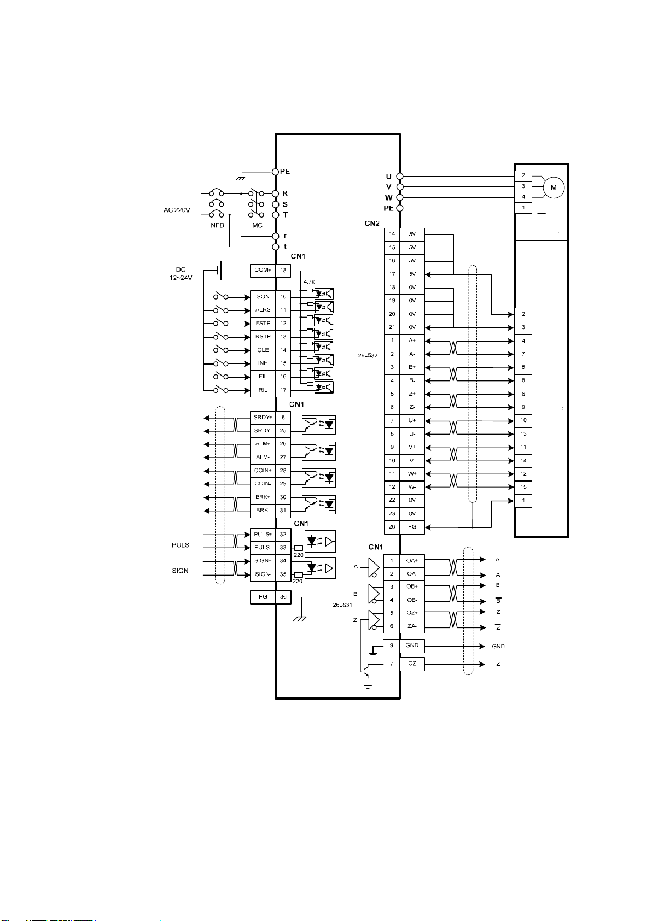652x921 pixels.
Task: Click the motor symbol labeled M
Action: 554,187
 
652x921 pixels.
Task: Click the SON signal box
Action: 263,297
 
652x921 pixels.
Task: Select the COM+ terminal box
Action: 263,271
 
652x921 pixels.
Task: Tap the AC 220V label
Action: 177,210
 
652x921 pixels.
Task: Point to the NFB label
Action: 217,225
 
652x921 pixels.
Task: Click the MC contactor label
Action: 257,225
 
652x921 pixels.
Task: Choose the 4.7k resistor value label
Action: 309,282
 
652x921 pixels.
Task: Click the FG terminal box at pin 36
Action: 263,597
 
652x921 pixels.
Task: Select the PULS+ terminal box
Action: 263,535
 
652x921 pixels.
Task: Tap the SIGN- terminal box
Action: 263,574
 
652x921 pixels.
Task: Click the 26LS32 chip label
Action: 368,356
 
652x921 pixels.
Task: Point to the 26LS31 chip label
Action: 342,605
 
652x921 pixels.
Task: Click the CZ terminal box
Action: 412,664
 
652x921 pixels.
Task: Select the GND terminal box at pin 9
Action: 412,646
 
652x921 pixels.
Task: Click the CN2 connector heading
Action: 372,224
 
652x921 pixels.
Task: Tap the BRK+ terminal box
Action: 263,497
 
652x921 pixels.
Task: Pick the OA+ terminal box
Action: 412,561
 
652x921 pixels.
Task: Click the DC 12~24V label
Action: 181,274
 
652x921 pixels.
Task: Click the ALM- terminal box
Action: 263,457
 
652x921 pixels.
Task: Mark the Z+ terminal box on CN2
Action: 412,394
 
